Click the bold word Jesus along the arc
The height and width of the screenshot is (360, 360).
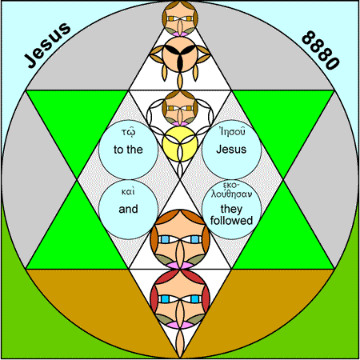pos(48,45)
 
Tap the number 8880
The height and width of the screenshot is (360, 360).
pos(321,50)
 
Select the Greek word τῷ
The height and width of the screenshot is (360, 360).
pos(128,132)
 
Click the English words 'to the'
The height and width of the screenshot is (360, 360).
pos(128,150)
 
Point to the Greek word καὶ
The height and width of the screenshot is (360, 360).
pos(128,191)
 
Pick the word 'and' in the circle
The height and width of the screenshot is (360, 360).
pos(128,209)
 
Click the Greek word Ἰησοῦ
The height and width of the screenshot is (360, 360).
pos(232,131)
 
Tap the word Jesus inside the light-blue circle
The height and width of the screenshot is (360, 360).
pos(231,149)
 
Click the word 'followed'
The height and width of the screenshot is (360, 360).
pos(231,221)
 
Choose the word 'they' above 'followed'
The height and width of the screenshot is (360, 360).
pos(231,209)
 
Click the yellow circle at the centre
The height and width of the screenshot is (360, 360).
pos(180,144)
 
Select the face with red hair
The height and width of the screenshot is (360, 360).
pos(180,298)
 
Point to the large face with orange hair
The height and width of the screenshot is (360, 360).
pos(180,239)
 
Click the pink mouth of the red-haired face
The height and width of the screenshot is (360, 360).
pos(180,325)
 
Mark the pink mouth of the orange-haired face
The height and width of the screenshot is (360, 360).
pos(180,265)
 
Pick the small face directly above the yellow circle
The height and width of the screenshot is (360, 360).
pos(180,108)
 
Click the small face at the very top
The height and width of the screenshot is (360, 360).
pos(180,18)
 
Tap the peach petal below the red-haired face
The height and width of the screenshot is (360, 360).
pos(180,343)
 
